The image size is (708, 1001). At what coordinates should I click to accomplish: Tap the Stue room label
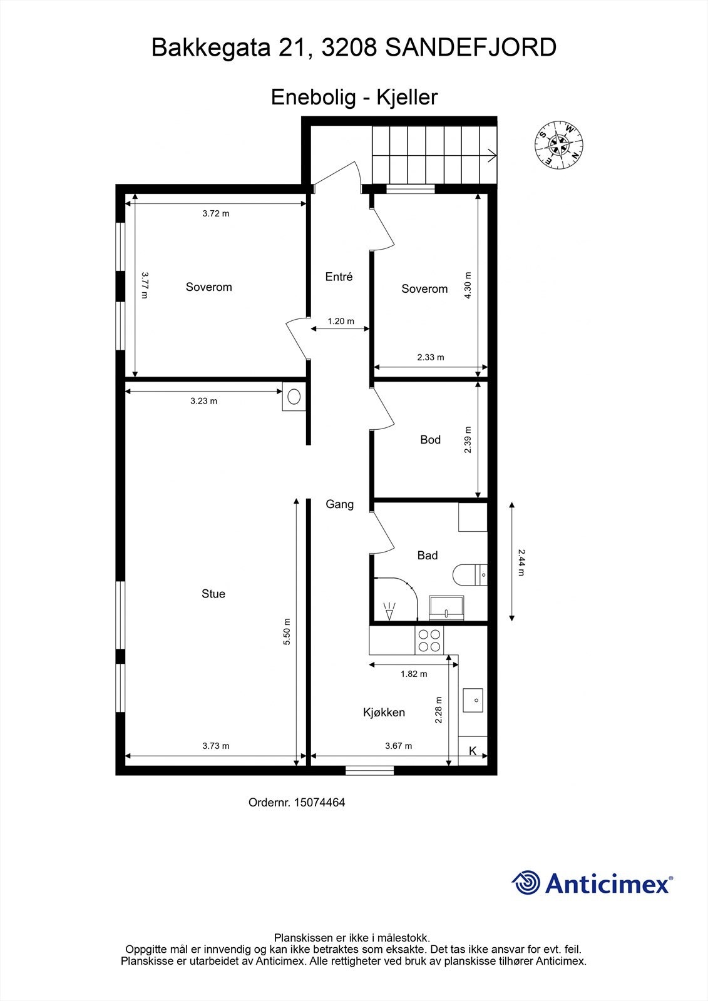tap(213, 594)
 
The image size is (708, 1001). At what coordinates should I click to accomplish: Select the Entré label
tap(339, 277)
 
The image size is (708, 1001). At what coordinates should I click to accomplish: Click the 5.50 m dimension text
tap(287, 632)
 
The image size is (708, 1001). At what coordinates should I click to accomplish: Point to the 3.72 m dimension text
tap(216, 213)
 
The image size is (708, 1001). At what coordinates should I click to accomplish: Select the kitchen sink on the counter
tap(473, 700)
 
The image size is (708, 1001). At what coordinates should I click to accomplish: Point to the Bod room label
tap(430, 440)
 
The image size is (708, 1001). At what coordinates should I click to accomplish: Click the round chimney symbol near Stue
tap(294, 396)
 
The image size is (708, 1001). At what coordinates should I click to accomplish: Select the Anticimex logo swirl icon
tap(526, 883)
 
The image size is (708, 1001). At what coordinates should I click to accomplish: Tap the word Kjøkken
tap(384, 713)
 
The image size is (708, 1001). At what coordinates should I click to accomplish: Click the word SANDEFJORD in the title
tap(470, 48)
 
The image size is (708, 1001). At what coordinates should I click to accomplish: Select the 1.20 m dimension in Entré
tap(341, 322)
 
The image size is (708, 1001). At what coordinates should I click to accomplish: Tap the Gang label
tap(339, 504)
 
